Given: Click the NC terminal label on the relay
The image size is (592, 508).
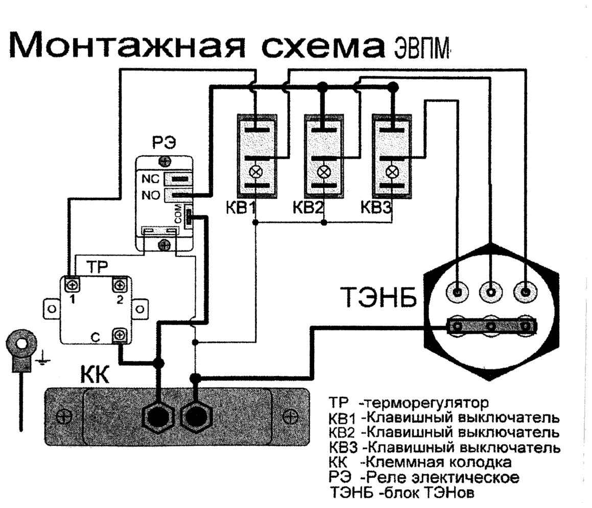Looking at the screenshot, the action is click(150, 179).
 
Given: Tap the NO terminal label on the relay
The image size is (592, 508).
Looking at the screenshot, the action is click(151, 195).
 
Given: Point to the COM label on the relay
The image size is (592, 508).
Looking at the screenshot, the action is click(178, 214).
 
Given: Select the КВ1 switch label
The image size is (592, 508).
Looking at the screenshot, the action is click(241, 207).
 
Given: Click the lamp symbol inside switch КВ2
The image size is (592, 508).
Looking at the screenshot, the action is click(323, 172).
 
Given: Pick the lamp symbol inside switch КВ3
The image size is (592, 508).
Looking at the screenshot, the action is click(392, 172).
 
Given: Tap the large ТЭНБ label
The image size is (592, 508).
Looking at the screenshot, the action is click(378, 297).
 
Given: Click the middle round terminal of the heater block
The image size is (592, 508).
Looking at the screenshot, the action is click(490, 292).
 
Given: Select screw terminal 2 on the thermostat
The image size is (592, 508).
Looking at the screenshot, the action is click(120, 285).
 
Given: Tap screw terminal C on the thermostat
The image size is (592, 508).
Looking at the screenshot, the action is click(120, 335).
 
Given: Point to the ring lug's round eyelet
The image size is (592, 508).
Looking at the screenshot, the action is click(21, 343).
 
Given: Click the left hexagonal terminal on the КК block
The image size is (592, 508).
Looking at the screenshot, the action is click(158, 417).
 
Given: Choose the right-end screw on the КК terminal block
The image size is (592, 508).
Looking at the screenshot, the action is click(290, 417).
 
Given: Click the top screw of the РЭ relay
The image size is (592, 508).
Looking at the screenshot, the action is click(164, 161).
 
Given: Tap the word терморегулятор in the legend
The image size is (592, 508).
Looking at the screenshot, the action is click(424, 403).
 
